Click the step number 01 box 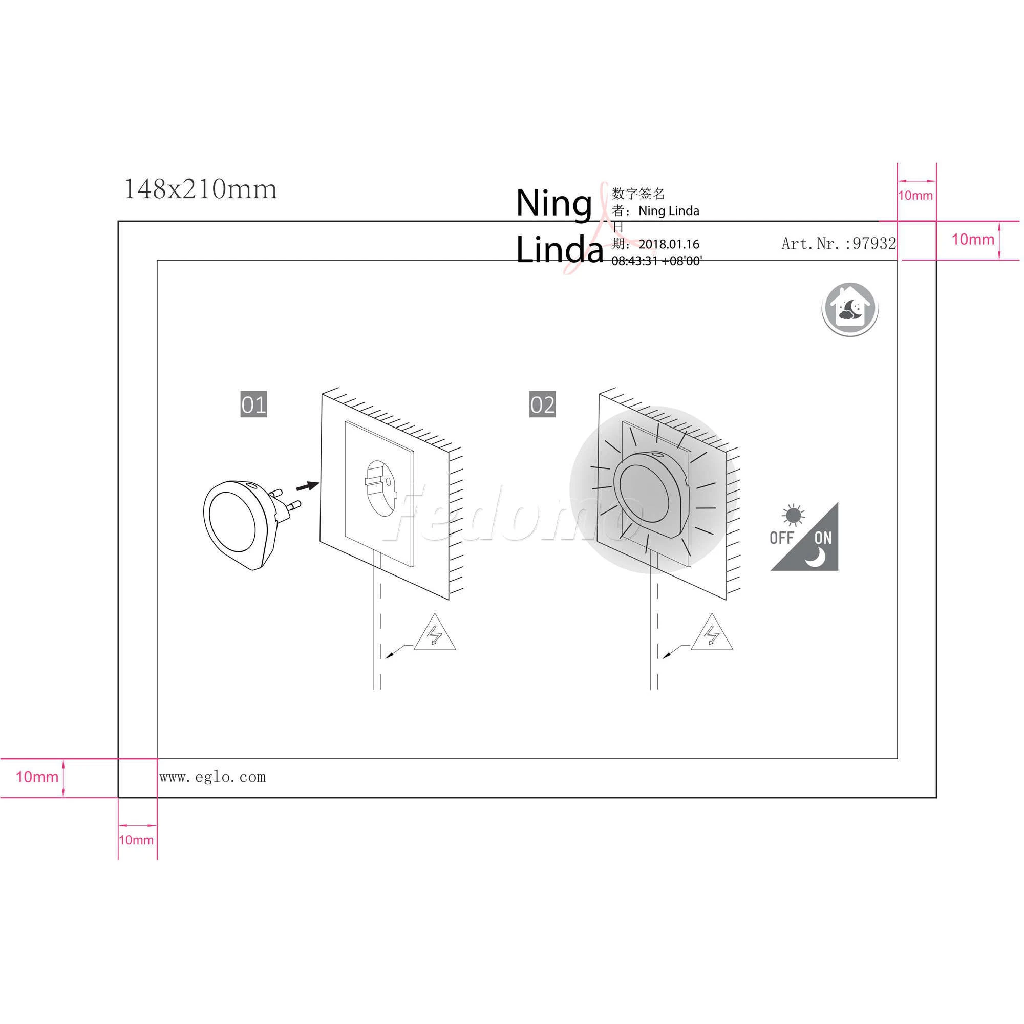(253, 404)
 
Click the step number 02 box (542, 404)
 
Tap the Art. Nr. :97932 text (839, 243)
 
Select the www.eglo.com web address (212, 777)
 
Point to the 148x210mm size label (200, 189)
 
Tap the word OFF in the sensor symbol (782, 538)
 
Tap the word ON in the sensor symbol (823, 539)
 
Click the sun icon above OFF (793, 516)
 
